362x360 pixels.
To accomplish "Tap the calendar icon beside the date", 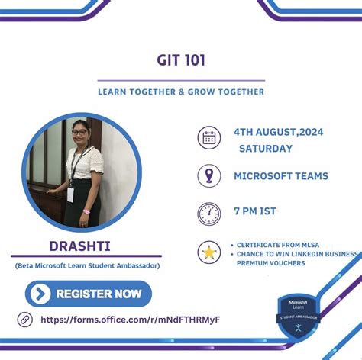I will [x=208, y=139].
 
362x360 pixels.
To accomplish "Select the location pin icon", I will [x=208, y=175].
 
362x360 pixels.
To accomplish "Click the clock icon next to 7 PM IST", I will [x=208, y=213].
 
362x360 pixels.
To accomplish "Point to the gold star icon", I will [x=208, y=252].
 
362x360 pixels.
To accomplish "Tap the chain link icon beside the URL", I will [x=25, y=319].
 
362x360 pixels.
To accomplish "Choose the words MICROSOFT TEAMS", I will [x=280, y=176].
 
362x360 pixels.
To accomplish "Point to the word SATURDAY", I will [x=266, y=149].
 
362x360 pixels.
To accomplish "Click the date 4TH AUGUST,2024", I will [x=278, y=132].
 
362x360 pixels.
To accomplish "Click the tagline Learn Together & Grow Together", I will [x=181, y=92].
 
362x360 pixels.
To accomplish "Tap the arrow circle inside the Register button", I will [x=42, y=294].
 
